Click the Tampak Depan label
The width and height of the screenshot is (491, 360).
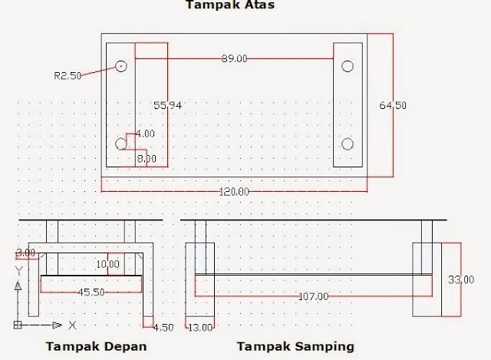(x=96, y=346)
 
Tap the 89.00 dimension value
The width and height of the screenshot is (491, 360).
(x=233, y=59)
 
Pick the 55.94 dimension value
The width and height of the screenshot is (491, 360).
(x=167, y=106)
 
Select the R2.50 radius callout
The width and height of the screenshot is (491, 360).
(x=67, y=75)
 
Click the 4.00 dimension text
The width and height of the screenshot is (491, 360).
(x=145, y=134)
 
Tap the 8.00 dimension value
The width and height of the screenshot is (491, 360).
(x=147, y=159)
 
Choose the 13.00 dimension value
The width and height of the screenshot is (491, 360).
(x=200, y=328)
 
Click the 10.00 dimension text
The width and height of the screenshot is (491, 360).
(x=108, y=265)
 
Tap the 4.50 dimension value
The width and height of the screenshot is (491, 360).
(x=162, y=328)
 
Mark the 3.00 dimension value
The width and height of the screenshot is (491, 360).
(x=25, y=253)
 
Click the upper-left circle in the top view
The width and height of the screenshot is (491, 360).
(x=121, y=66)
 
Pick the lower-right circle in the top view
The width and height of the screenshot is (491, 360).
(x=348, y=144)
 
